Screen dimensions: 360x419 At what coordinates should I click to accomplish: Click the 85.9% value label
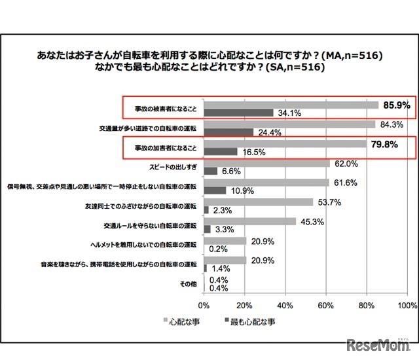[395, 104]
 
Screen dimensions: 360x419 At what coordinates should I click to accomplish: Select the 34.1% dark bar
[238, 113]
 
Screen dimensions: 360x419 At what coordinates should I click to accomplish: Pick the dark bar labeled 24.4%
[228, 133]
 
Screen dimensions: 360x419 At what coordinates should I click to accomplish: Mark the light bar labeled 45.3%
[250, 222]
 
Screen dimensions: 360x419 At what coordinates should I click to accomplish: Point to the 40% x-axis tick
[285, 306]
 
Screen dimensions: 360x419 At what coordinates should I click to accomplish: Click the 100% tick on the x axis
[407, 306]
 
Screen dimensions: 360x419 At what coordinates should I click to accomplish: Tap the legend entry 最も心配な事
[249, 321]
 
